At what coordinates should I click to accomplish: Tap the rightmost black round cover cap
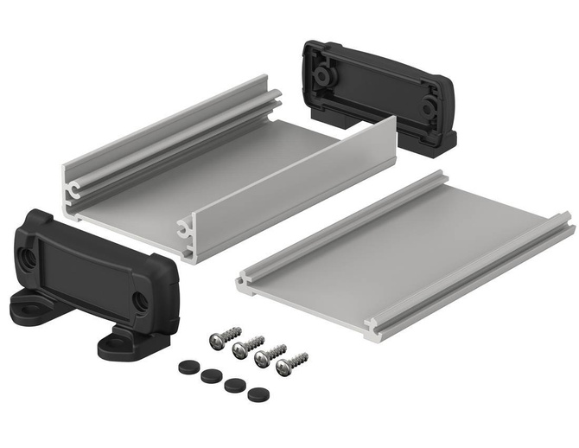point(257,394)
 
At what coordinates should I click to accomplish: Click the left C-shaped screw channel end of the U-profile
point(72,188)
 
